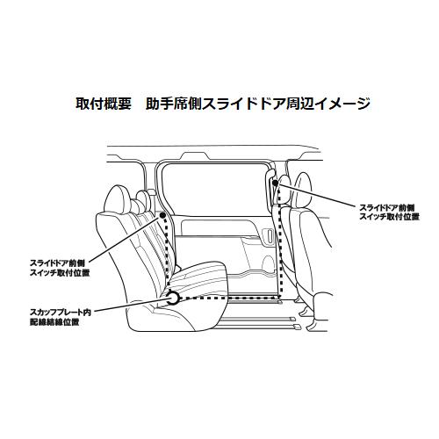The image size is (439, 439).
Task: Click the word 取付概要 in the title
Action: pyautogui.click(x=104, y=104)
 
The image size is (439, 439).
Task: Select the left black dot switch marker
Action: pyautogui.click(x=164, y=214)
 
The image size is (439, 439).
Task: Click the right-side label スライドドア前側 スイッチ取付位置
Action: pyautogui.click(x=389, y=211)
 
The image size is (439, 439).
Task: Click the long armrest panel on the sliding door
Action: pyautogui.click(x=215, y=235)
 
